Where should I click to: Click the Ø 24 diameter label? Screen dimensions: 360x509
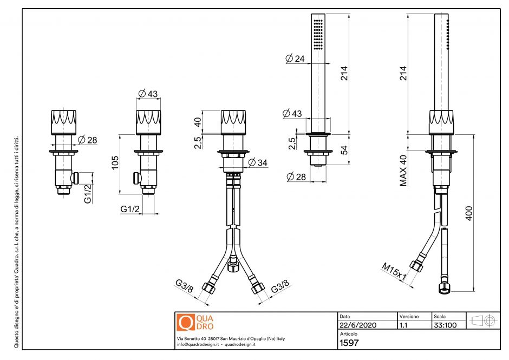295,59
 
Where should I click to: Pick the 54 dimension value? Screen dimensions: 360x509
343,150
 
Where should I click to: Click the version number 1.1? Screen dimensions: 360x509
403,325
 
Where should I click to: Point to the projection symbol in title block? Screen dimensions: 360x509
481,320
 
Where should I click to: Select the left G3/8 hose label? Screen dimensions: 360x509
184,286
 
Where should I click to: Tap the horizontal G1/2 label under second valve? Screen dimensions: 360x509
130,208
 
